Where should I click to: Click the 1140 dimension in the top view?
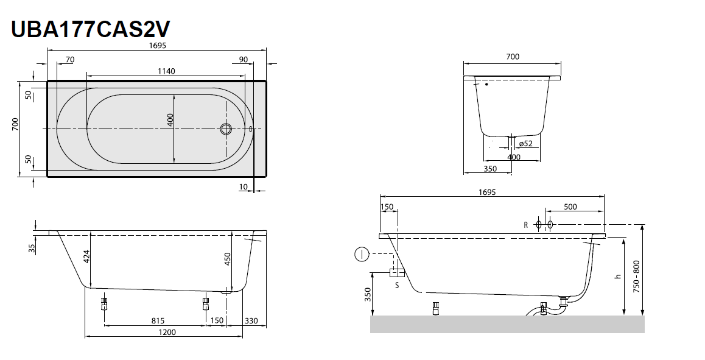pyautogui.click(x=166, y=71)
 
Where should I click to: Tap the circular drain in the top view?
pyautogui.click(x=226, y=129)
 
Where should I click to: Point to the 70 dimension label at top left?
pyautogui.click(x=69, y=59)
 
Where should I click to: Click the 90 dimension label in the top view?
pyautogui.click(x=243, y=59)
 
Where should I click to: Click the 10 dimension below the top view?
pyautogui.click(x=244, y=186)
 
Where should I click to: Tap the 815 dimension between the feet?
pyautogui.click(x=157, y=320)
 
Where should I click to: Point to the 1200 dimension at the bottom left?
pyautogui.click(x=167, y=332)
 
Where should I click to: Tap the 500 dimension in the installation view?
pyautogui.click(x=570, y=207)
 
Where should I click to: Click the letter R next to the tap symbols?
pyautogui.click(x=525, y=225)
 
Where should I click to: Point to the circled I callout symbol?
pyautogui.click(x=361, y=253)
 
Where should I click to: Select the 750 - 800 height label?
pyautogui.click(x=636, y=277)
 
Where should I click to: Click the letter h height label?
pyautogui.click(x=617, y=276)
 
